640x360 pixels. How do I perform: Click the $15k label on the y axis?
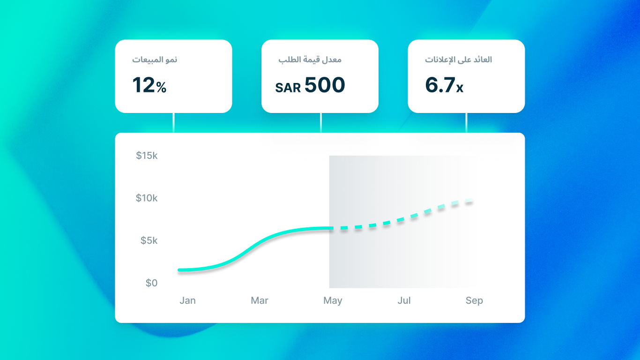(x=147, y=156)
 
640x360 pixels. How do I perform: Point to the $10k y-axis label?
(x=147, y=198)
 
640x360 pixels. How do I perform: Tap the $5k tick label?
(x=149, y=241)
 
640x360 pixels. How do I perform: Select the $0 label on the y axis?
(x=151, y=283)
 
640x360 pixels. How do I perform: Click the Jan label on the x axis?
(x=187, y=300)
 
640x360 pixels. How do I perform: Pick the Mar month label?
(x=260, y=300)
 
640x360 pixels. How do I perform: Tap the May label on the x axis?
(x=333, y=300)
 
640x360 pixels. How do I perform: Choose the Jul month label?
(x=404, y=300)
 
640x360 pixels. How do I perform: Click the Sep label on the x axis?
(x=474, y=300)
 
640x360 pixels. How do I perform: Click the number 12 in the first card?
(x=143, y=85)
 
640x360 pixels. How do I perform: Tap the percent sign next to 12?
(x=161, y=88)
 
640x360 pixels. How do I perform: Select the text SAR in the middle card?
(x=288, y=88)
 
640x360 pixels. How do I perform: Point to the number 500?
(x=325, y=85)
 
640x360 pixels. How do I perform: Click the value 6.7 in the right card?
(x=440, y=85)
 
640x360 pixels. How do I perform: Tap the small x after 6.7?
(x=460, y=88)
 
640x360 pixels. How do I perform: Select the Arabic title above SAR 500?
(x=310, y=60)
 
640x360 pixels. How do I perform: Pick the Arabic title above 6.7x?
(x=458, y=60)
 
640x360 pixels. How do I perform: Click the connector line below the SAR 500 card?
(x=320, y=123)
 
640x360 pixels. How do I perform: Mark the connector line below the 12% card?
(x=174, y=123)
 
